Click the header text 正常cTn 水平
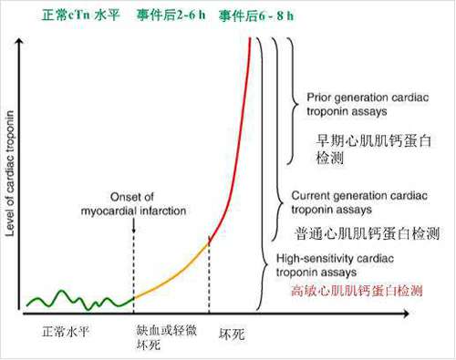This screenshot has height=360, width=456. (x=81, y=15)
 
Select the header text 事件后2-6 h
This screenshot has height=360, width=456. (x=171, y=15)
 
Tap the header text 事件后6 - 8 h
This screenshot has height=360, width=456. (x=256, y=15)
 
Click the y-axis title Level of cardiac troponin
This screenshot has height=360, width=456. (x=10, y=173)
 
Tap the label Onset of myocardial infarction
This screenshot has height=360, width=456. (x=133, y=204)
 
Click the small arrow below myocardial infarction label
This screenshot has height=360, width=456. (x=134, y=226)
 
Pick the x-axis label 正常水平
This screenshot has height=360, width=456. (x=66, y=332)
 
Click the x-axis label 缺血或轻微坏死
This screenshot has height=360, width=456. (x=166, y=337)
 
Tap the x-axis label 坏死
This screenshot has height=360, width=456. (x=232, y=334)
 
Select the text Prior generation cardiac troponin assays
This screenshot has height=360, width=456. (x=368, y=104)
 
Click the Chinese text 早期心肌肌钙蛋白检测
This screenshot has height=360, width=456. (x=374, y=149)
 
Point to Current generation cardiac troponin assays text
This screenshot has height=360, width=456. (x=359, y=202)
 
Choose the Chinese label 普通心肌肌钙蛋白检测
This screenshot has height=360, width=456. (x=368, y=233)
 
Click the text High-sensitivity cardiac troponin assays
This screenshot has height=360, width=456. (x=335, y=265)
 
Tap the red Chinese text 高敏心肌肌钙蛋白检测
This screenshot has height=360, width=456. (x=357, y=291)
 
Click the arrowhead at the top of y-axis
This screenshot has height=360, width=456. (x=20, y=40)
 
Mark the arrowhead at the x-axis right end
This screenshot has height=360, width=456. (x=407, y=314)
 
